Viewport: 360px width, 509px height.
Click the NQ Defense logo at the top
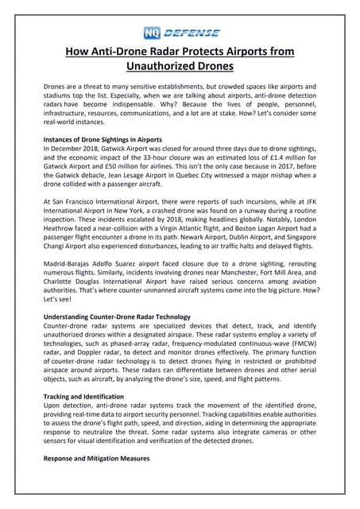coord(180,33)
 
